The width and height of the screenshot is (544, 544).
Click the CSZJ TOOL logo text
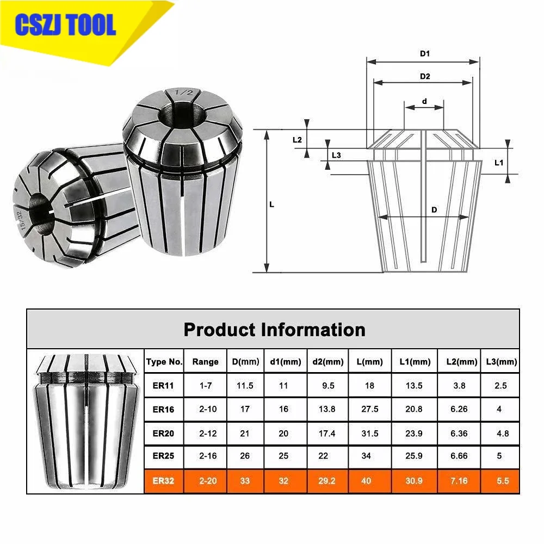coord(66,25)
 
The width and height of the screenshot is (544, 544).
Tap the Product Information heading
coord(274,330)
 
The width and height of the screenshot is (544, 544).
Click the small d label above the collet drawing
coord(424,101)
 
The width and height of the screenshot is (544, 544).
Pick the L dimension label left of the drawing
coord(272,205)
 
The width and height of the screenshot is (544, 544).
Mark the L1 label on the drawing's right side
coord(499,162)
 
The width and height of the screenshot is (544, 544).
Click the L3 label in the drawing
coord(336,155)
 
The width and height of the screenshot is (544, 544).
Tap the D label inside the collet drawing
coord(434,210)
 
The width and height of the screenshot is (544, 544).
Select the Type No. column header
coord(164,362)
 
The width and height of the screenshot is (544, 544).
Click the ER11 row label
coord(164,386)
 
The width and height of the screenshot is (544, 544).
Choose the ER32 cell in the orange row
coord(164,481)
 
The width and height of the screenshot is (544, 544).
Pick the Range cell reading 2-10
coord(205,409)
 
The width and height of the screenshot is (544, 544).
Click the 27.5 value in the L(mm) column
coord(370,409)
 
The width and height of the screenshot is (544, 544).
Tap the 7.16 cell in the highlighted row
coord(459,481)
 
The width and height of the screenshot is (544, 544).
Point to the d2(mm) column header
coord(327,362)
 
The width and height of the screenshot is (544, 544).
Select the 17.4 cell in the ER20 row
coord(327,434)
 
